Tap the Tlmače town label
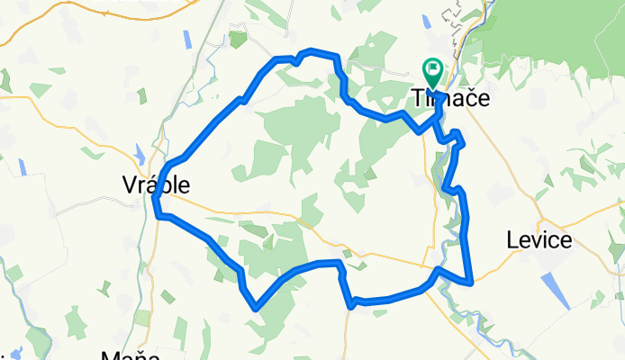450,98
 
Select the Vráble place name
156,184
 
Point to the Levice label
539,240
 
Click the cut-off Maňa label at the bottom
124,355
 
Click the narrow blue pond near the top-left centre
187,40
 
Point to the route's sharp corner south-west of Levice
471,283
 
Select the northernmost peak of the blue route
312,50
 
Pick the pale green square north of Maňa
142,318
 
